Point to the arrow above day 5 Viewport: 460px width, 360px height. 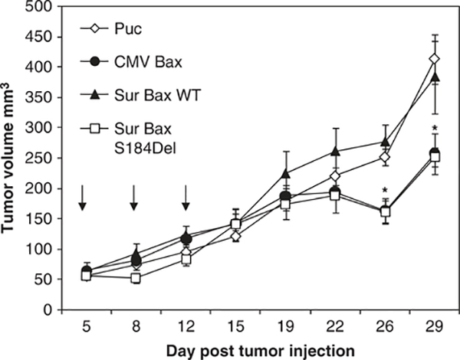(84, 195)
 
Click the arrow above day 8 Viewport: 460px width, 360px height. (134, 195)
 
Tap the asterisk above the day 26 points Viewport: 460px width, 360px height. (385, 188)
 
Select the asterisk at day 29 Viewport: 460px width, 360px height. (435, 129)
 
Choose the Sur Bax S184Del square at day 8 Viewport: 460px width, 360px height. (134, 278)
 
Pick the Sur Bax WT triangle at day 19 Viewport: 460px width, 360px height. (285, 173)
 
